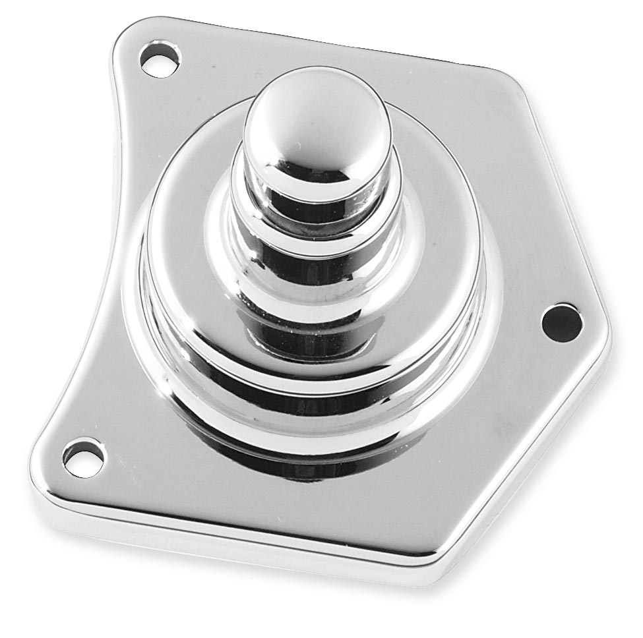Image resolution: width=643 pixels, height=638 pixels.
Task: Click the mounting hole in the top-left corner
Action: pyautogui.click(x=160, y=59)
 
